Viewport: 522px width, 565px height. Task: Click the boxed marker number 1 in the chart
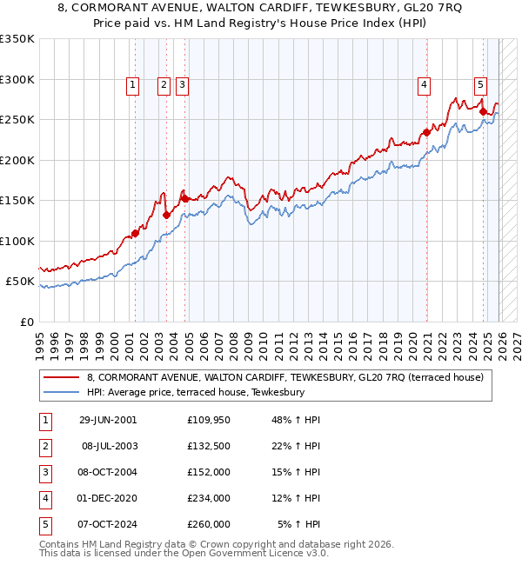coord(132,84)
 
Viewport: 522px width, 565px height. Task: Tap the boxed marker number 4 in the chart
coord(424,84)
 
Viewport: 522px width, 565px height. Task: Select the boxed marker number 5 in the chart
coord(480,84)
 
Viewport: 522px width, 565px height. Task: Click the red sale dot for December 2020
coord(426,133)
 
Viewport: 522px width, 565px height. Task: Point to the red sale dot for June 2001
coord(135,233)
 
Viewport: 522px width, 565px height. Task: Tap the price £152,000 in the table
coord(208,472)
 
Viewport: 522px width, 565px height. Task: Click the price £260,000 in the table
coord(208,524)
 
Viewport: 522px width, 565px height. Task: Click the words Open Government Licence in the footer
coord(238,553)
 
